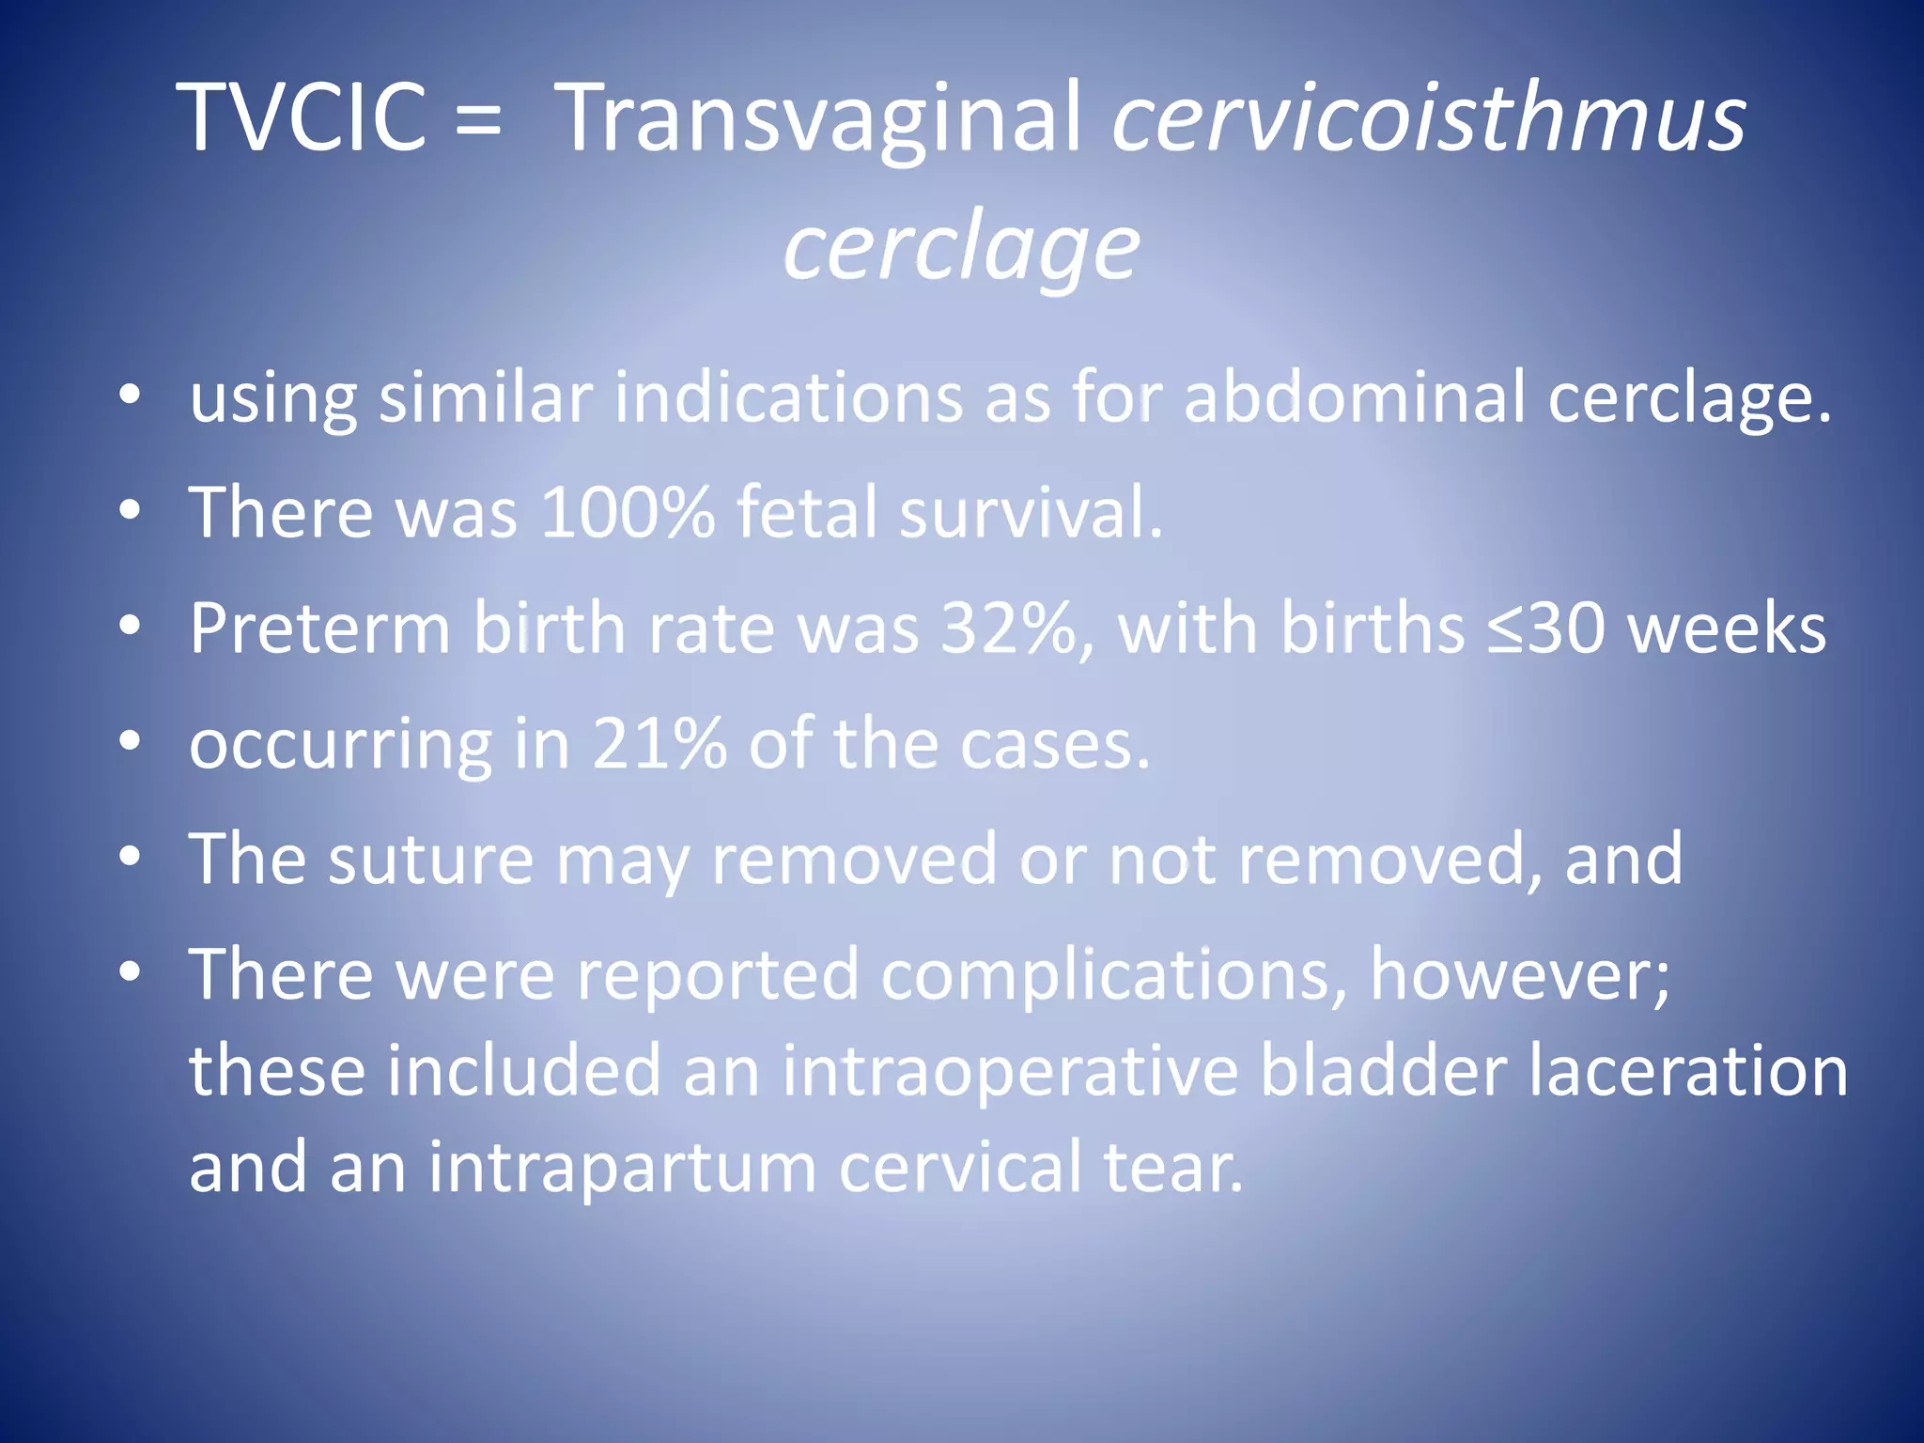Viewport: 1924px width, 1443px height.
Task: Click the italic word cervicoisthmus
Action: click(x=1428, y=116)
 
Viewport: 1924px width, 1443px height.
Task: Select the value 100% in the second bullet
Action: click(x=627, y=512)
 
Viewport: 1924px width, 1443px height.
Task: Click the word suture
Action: click(x=431, y=859)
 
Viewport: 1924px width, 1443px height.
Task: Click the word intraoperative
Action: click(x=1009, y=1071)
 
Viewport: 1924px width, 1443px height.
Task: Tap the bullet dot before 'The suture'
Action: click(x=130, y=856)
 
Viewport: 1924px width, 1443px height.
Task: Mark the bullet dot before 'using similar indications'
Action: click(x=130, y=394)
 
